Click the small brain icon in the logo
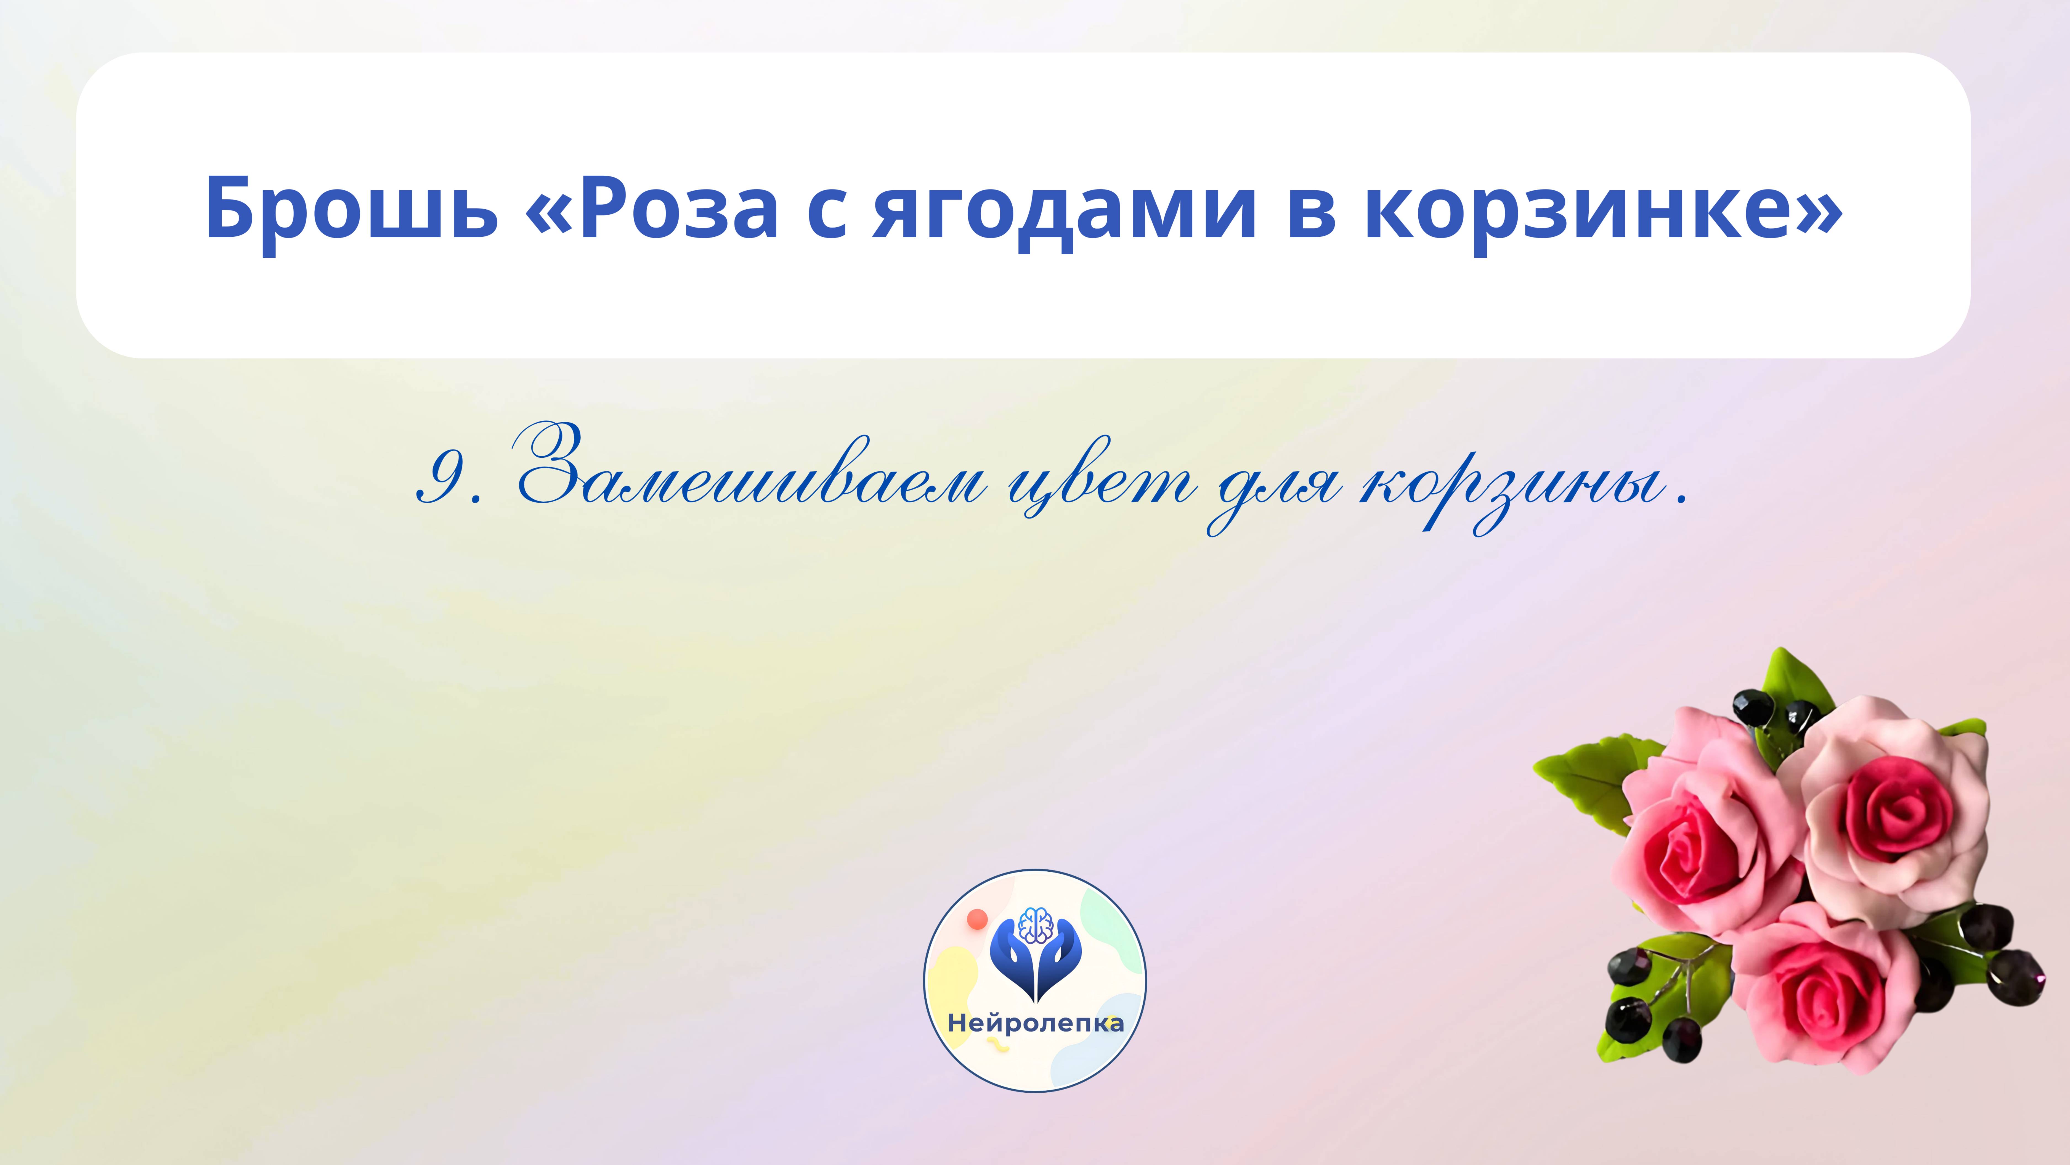1035,925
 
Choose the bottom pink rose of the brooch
1824,993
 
